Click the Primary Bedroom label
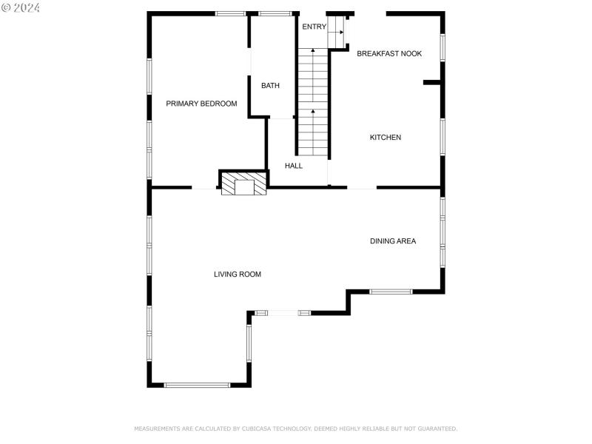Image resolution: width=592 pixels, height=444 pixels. [x=201, y=104]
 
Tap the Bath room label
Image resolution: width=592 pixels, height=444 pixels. [x=270, y=86]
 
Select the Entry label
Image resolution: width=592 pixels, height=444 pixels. [x=314, y=27]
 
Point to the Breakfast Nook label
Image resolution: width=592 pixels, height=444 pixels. [x=389, y=53]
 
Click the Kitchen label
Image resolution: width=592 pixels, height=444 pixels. [x=386, y=138]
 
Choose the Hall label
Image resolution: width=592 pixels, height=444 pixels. [x=294, y=166]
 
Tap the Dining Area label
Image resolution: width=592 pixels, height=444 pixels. [x=393, y=241]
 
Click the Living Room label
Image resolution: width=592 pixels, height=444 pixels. [x=238, y=275]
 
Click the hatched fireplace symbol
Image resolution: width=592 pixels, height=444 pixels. [x=243, y=184]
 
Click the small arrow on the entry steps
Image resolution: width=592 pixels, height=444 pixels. [x=340, y=33]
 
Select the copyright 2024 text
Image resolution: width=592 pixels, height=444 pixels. [x=21, y=7]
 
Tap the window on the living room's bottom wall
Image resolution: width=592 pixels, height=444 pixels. [x=197, y=385]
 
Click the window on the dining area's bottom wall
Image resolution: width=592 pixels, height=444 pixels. [x=390, y=292]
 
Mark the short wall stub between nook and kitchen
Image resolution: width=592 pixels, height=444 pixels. [x=432, y=83]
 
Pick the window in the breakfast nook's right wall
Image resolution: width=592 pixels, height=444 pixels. [x=443, y=46]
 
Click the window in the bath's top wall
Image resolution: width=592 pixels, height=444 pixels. [x=275, y=13]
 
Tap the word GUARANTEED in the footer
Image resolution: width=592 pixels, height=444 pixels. [x=436, y=428]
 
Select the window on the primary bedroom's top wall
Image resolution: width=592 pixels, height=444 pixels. [x=230, y=13]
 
